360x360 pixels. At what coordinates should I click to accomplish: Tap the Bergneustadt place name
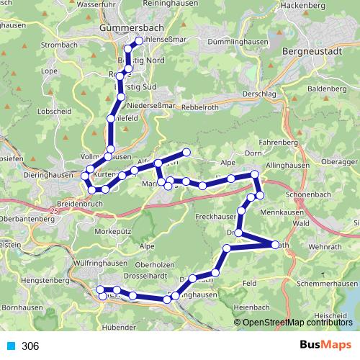click(316, 54)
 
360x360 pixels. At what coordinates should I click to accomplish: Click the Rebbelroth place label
click(204, 105)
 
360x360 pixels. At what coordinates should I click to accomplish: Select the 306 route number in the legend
click(30, 346)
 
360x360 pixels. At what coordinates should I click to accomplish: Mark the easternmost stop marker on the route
click(276, 245)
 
